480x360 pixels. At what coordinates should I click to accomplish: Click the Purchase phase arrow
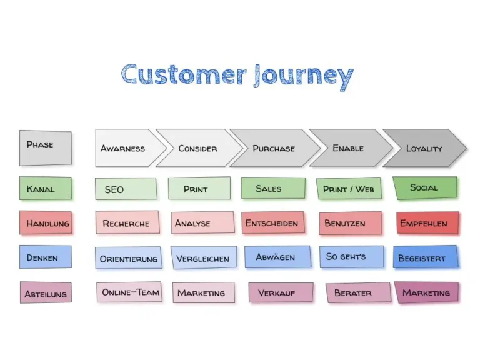[273, 148]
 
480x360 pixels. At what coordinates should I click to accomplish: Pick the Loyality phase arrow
[424, 148]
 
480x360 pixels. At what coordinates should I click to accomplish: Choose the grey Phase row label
[45, 147]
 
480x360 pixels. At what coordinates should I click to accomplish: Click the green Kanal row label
[45, 188]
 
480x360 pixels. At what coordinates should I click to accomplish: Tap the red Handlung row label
[45, 223]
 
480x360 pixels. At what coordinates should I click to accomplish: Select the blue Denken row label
[45, 257]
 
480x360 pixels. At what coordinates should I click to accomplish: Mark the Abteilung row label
[45, 293]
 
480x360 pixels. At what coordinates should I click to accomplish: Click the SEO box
[126, 189]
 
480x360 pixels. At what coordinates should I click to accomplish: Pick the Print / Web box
[349, 189]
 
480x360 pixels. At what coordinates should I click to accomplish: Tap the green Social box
[424, 187]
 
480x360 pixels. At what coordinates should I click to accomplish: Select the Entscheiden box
[272, 223]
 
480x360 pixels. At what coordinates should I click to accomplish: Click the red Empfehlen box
[424, 222]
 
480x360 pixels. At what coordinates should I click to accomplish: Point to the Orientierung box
[129, 258]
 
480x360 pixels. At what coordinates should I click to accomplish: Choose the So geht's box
[351, 257]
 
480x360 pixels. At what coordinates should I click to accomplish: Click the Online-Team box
[129, 292]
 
